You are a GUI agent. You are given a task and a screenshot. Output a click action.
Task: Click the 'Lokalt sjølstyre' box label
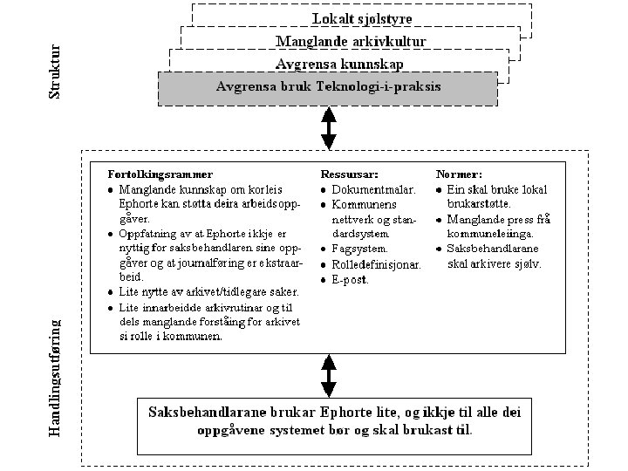click(364, 17)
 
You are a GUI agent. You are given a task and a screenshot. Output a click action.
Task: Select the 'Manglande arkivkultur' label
click(351, 41)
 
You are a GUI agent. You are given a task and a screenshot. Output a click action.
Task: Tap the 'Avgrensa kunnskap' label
click(339, 64)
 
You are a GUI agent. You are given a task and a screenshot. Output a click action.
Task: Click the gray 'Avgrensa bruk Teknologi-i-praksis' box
click(328, 87)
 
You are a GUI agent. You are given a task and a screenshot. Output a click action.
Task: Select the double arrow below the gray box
click(329, 127)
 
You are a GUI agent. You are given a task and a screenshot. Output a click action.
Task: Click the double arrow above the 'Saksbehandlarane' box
click(329, 376)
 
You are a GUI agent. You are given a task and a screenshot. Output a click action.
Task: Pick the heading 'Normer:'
click(459, 174)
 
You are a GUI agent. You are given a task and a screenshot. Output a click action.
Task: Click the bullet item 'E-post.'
click(351, 280)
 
